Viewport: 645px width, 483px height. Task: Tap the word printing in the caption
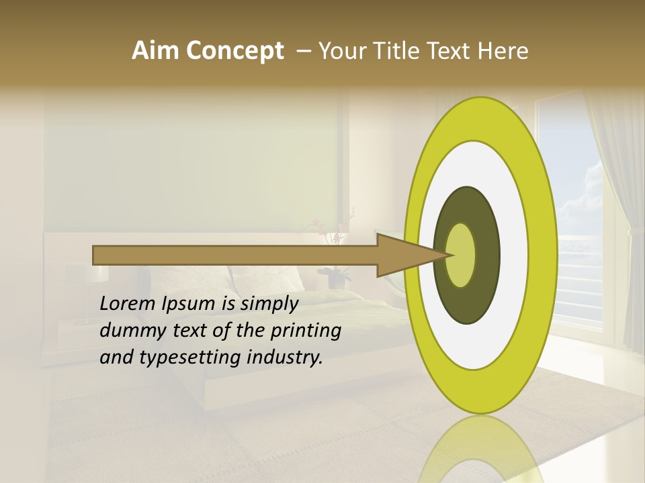[x=306, y=331]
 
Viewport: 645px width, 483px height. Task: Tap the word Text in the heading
[x=451, y=51]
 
